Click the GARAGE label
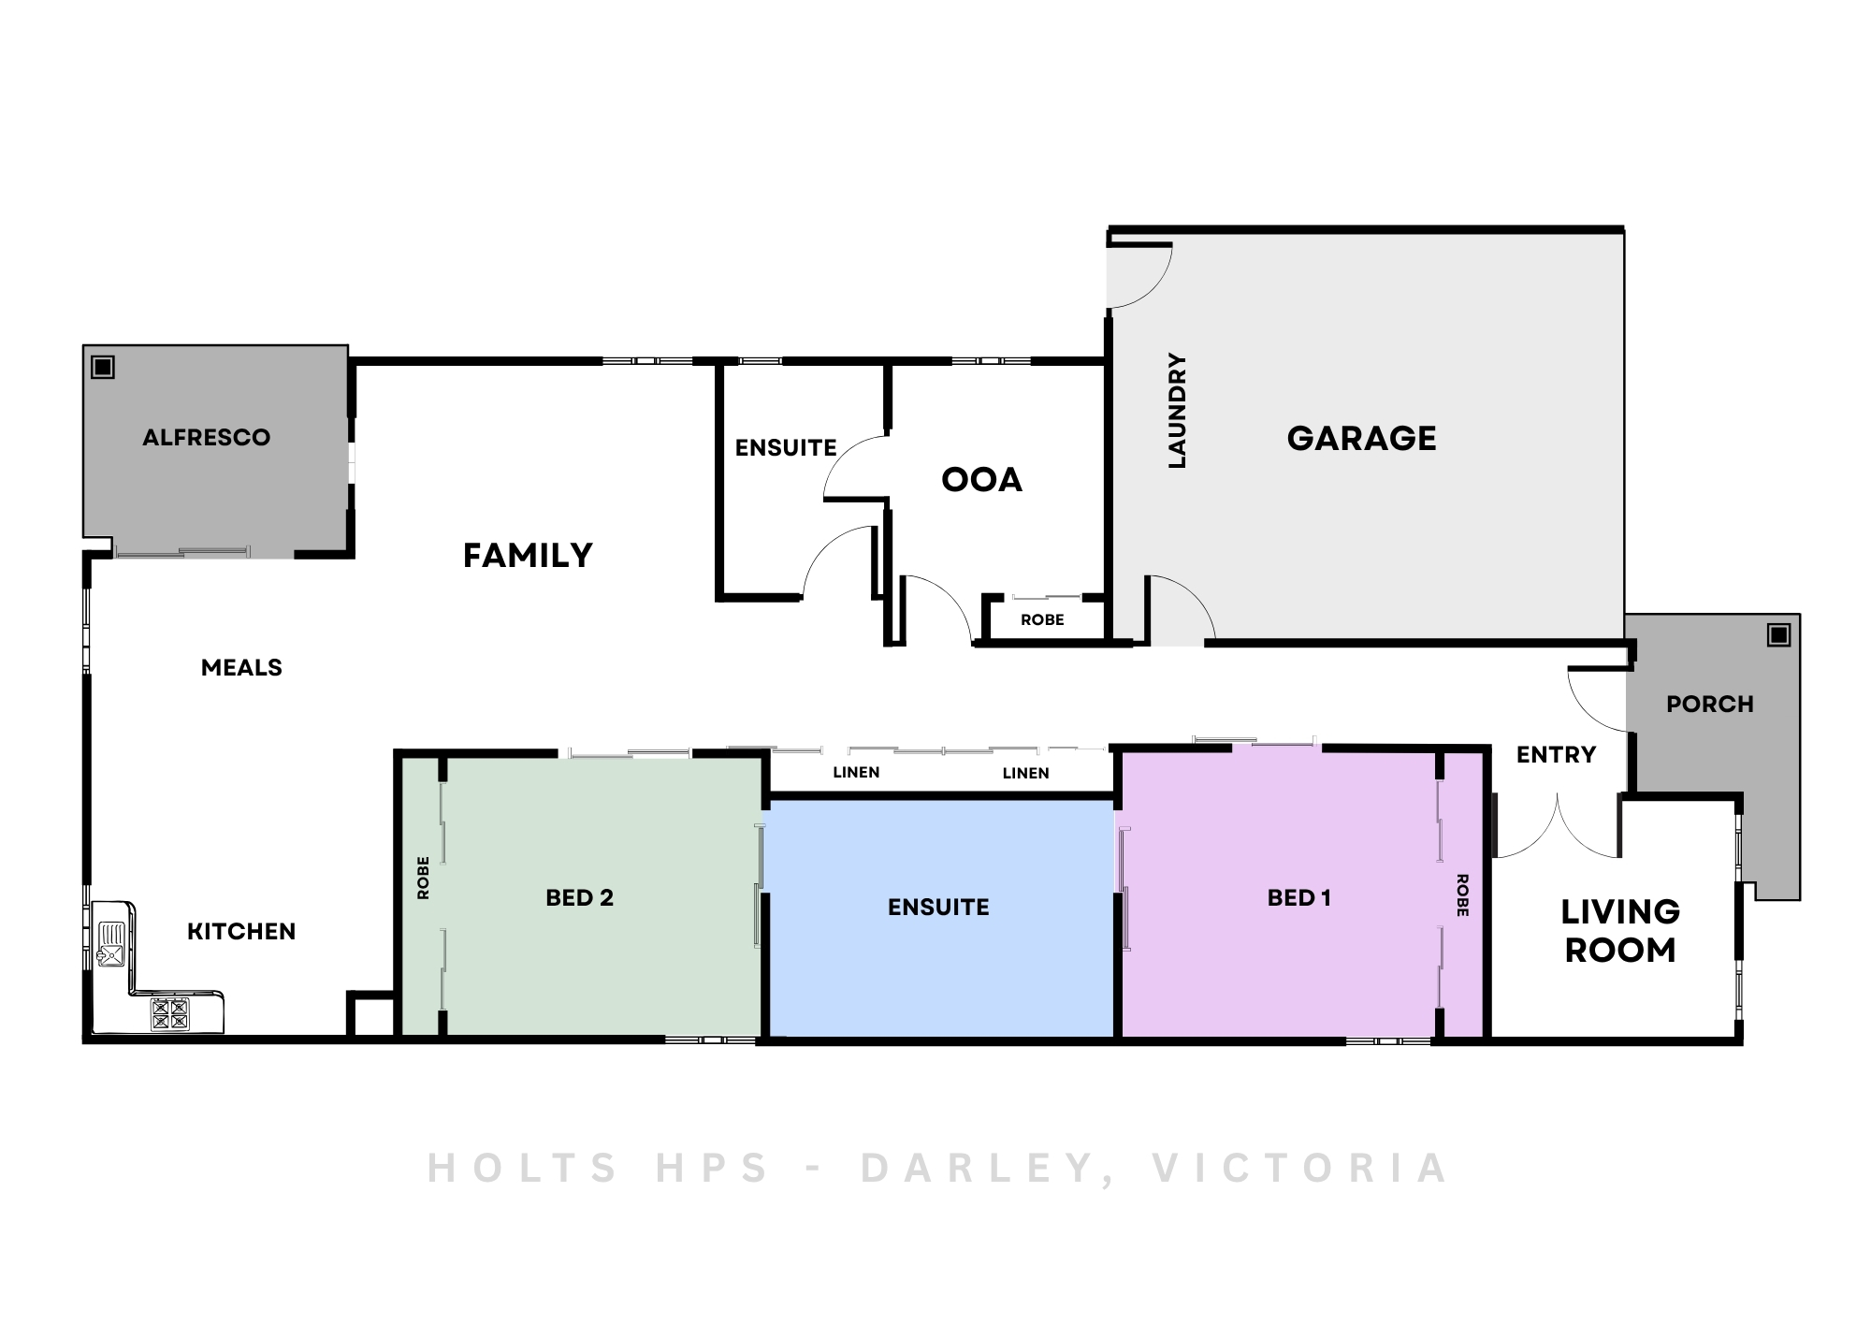(x=1361, y=438)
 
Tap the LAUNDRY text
(x=1177, y=411)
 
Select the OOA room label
(x=981, y=480)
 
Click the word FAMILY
(x=528, y=556)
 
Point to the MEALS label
(x=241, y=667)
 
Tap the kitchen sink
(x=111, y=945)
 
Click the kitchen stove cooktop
(x=170, y=1013)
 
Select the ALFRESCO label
(x=206, y=437)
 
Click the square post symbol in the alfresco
(x=103, y=367)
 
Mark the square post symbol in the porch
(x=1778, y=635)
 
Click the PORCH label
(x=1710, y=704)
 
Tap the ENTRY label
(x=1556, y=754)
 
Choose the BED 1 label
(x=1298, y=897)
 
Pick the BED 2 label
(x=579, y=897)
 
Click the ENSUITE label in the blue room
(x=938, y=907)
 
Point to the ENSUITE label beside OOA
(x=786, y=448)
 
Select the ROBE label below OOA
(x=1042, y=619)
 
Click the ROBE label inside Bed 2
(x=423, y=878)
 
